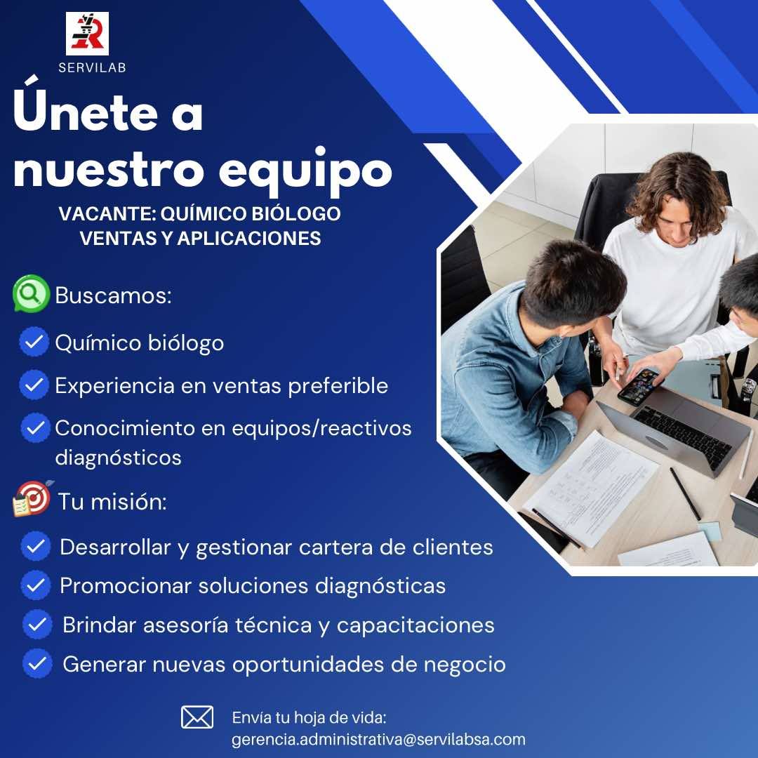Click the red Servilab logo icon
tap(87, 34)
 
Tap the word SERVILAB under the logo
tap(92, 68)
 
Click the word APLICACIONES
tap(248, 239)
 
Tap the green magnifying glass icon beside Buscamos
tap(30, 294)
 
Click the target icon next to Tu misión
tap(32, 499)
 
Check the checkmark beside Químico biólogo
tap(32, 343)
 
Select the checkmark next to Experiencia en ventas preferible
tap(32, 385)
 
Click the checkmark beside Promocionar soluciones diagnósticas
tap(36, 585)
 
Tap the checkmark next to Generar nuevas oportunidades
tap(37, 663)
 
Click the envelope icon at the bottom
tap(197, 717)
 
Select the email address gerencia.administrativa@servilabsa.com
tap(378, 740)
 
